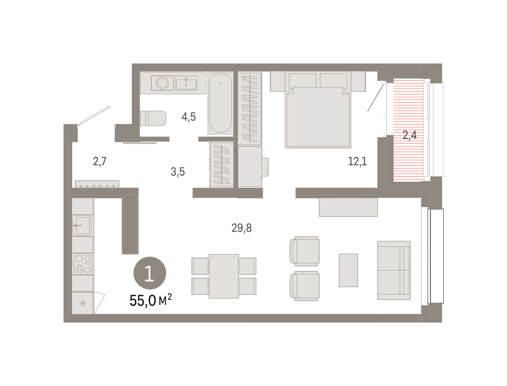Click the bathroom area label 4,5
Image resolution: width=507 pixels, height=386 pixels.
point(188,117)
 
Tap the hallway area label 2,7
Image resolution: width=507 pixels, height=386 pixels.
point(100,162)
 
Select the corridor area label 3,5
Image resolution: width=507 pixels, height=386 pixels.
point(177,172)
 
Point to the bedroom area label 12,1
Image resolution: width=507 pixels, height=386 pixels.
point(357,161)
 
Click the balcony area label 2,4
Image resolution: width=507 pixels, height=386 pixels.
point(409,135)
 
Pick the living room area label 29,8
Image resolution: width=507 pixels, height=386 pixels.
point(241,228)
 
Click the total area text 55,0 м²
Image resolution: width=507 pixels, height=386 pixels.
point(150,300)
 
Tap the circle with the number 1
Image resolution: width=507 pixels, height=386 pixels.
point(150,273)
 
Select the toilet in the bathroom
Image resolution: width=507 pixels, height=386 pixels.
point(153,118)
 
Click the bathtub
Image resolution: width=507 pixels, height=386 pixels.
point(221,103)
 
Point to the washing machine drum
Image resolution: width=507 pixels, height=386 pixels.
point(162,83)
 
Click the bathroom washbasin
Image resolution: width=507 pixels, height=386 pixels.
point(186,83)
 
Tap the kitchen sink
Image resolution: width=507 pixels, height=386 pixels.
point(83,225)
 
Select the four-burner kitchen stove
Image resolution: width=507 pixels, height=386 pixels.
point(83,264)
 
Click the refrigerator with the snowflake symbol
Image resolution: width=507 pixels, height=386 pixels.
point(83,303)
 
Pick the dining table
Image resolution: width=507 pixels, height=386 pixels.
point(224,276)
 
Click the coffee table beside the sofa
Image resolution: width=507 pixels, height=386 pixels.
point(348,270)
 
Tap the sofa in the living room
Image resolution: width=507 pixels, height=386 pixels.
point(394,271)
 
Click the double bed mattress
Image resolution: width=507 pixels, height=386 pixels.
point(318,117)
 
